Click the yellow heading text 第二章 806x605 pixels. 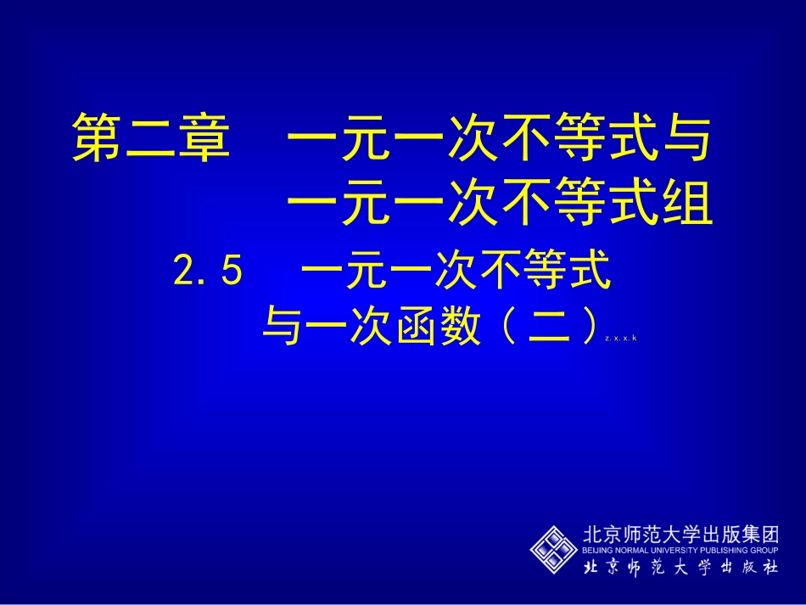coord(151,138)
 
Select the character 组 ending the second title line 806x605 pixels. coord(686,206)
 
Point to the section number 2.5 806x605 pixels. coord(209,272)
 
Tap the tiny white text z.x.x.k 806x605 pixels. coord(621,339)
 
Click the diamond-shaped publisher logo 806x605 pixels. coord(553,549)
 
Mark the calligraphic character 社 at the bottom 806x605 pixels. coord(768,568)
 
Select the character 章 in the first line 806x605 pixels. coord(204,138)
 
